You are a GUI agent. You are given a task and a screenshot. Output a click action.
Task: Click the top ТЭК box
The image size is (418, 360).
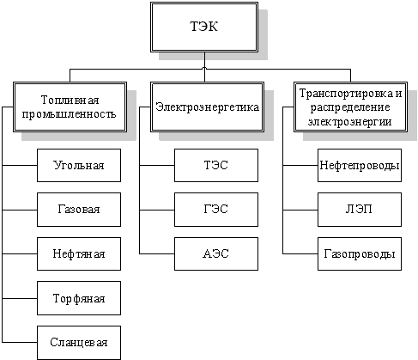coord(204,27)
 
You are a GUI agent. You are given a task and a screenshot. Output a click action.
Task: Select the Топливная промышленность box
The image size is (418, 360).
coord(70,107)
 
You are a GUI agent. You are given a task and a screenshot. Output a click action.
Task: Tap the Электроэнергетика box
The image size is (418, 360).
coord(207,107)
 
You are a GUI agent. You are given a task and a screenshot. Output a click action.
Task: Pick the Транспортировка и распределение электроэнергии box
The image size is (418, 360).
coord(350,107)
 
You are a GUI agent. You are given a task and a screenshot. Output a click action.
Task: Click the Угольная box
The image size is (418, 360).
coord(79,165)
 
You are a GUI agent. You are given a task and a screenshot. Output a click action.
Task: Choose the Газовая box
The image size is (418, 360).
coord(79,210)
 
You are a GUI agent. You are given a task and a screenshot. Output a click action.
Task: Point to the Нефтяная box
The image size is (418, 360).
coord(79,253)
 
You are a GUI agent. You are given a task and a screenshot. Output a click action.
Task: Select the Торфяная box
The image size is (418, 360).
coord(79,298)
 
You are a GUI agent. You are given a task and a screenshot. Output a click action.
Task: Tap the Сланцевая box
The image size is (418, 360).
coord(79,343)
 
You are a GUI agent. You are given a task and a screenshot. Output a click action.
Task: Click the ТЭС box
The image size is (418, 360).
coord(216,165)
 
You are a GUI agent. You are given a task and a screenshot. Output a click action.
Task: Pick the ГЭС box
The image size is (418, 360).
coord(216,210)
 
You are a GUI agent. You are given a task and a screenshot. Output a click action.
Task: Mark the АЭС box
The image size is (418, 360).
coord(216,253)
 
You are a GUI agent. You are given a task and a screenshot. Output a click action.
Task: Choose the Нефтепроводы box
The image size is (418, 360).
coord(360,165)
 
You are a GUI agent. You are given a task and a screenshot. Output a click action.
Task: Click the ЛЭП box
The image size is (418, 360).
coord(360,210)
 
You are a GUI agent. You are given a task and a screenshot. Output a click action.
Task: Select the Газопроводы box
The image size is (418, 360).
coord(360,253)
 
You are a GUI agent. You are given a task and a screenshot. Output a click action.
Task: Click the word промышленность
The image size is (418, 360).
coord(69,114)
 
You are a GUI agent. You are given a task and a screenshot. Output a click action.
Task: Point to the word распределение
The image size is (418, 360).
coord(350,107)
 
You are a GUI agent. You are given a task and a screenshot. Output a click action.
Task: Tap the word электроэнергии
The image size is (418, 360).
coord(350,122)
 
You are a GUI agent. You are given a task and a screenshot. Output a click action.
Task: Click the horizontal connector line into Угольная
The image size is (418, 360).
coord(20,165)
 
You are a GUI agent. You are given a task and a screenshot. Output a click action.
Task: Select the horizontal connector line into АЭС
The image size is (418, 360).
coord(157,253)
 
